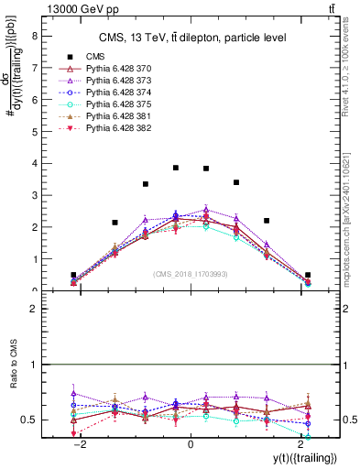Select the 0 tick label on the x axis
coord(191,444)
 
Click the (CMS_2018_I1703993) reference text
coord(191,273)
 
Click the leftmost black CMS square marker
coord(73,275)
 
